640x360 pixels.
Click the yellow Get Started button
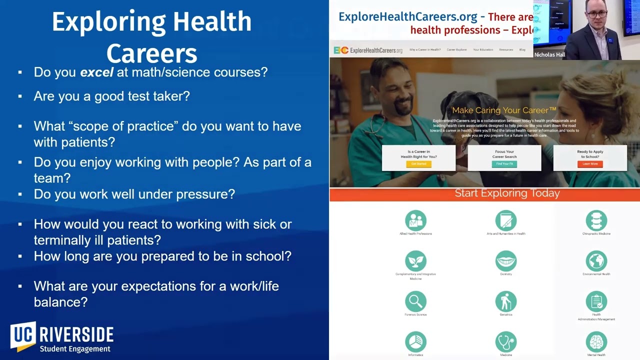coord(418,163)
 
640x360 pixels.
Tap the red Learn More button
coord(590,163)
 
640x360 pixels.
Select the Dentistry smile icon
coord(506,261)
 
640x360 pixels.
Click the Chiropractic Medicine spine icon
coord(596,220)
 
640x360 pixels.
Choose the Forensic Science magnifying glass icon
coord(415,301)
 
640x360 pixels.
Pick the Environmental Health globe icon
coord(596,261)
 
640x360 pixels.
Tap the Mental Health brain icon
coord(596,342)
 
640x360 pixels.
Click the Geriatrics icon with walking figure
coord(506,301)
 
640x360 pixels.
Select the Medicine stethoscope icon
coord(506,342)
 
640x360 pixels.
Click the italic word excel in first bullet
coord(97,72)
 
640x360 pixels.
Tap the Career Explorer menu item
coord(456,49)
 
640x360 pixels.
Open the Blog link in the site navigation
coord(522,49)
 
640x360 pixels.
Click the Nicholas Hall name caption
coord(549,54)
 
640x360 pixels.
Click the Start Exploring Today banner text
coord(507,193)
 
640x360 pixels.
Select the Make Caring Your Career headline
coord(504,110)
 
